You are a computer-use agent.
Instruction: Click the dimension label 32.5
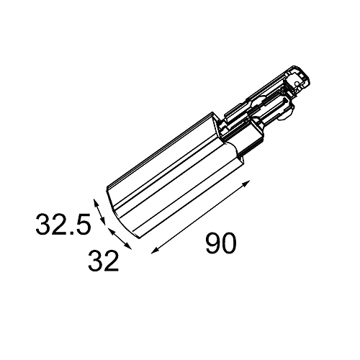click(63, 224)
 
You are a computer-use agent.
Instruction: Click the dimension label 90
click(221, 243)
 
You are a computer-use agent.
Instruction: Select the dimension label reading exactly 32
click(104, 261)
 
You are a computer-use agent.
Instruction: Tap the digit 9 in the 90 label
click(213, 243)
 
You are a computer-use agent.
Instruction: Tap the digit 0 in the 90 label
click(229, 243)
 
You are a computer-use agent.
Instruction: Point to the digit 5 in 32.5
click(84, 224)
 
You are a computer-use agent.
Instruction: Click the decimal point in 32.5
click(72, 233)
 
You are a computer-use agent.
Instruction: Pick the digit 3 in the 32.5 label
click(43, 224)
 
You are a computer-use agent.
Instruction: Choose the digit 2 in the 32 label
click(112, 261)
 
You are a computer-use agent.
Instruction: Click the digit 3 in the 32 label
click(96, 261)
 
